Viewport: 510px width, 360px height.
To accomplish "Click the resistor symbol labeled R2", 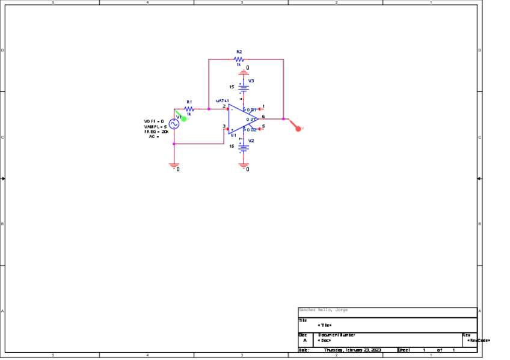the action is tap(239, 59).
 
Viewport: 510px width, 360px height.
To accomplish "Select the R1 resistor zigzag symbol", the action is tap(189, 109).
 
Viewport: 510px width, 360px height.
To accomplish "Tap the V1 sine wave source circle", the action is tap(174, 124).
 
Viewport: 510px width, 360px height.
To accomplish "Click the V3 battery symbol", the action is tap(244, 88).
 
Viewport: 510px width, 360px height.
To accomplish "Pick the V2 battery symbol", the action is tap(244, 146).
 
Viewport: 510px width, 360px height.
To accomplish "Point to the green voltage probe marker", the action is tap(184, 118).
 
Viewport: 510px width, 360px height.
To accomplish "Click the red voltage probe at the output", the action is tap(298, 128).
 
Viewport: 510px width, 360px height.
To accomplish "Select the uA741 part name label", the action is tap(223, 100).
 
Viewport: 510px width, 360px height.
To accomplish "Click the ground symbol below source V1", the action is tap(174, 164).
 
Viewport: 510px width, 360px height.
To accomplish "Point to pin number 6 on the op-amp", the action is tap(263, 116).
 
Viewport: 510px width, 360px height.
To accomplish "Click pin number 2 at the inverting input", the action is tap(224, 106).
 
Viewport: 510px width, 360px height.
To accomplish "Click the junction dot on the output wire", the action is tap(283, 119).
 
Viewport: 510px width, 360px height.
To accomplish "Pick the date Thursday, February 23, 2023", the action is tap(352, 350).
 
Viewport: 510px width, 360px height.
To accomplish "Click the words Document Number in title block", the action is tap(337, 335).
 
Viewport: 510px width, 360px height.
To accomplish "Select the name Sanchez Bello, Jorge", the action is tap(323, 310).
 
